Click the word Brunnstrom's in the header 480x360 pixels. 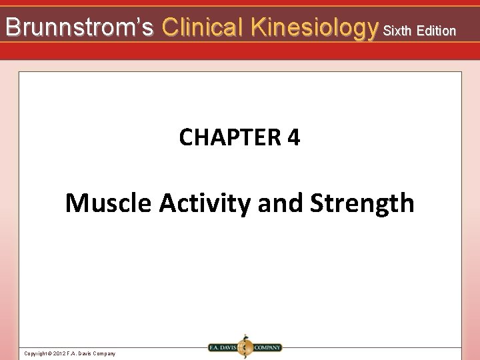coord(79,27)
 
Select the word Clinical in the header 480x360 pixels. coord(203,27)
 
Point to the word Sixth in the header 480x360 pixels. coord(398,31)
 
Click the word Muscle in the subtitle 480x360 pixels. coord(108,203)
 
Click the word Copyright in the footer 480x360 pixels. coord(35,353)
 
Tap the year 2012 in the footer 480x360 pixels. coord(59,353)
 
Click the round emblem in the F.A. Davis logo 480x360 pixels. coord(245,347)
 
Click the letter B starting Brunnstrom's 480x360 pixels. coord(12,27)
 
